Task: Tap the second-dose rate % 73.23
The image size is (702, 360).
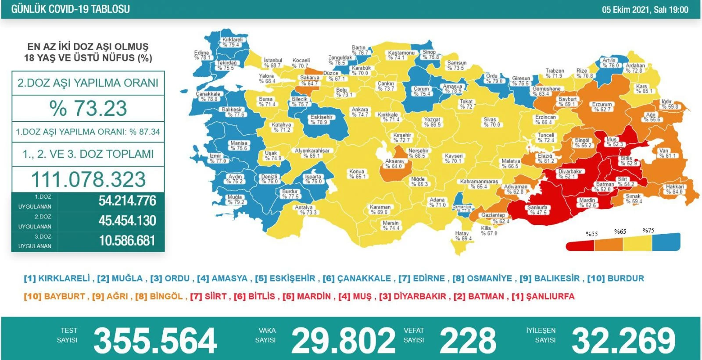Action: pos(88,108)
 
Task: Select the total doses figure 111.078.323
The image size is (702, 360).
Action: pos(88,179)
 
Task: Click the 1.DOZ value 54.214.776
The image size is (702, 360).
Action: pos(127,201)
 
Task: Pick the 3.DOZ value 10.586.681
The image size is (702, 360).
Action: pos(127,241)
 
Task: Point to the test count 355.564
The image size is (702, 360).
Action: pos(155,340)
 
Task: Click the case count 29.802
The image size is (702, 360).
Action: pos(343,340)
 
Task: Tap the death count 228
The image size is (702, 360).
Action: pos(468,340)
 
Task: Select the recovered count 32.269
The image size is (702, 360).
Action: pos(623,340)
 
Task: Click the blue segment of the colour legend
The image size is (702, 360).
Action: pos(666,242)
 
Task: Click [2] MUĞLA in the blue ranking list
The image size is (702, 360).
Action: pos(120,278)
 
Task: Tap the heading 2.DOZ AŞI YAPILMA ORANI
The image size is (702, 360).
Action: pos(88,83)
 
